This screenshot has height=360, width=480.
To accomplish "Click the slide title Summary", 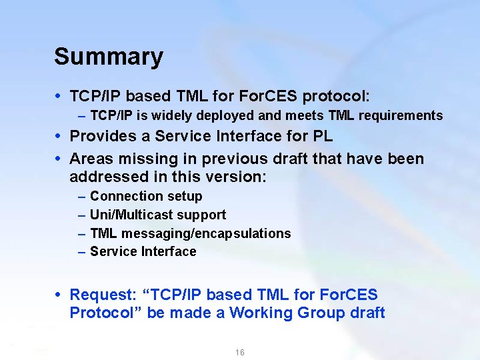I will [x=108, y=57].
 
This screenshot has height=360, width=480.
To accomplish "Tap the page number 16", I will [x=240, y=352].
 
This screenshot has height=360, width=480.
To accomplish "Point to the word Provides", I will [x=109, y=137].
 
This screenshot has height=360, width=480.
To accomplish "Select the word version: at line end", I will [x=237, y=178].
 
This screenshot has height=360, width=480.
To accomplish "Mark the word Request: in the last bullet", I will [x=103, y=295].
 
